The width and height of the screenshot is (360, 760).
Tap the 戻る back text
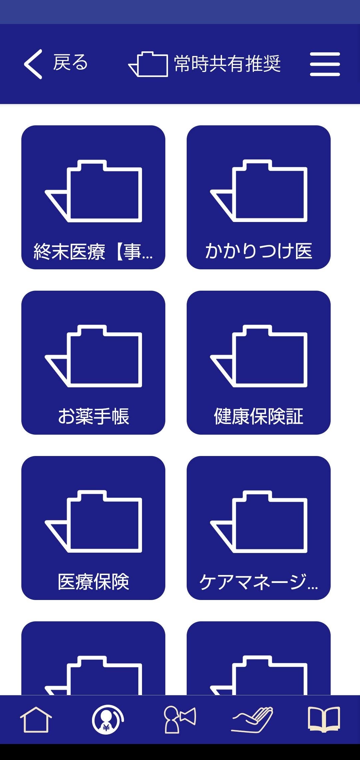tap(70, 63)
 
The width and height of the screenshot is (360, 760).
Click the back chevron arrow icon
tap(33, 64)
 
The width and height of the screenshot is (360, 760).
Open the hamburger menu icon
tap(325, 64)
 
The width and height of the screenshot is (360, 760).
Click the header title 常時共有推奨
tap(227, 64)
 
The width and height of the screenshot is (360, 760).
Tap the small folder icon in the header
tap(148, 64)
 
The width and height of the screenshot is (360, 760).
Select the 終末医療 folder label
tap(93, 251)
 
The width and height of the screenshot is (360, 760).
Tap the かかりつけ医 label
tap(259, 251)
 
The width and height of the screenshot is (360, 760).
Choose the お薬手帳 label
tap(93, 416)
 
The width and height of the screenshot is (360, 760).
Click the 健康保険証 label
tap(259, 416)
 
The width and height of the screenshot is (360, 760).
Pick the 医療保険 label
tap(93, 582)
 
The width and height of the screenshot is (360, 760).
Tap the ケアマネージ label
tap(259, 582)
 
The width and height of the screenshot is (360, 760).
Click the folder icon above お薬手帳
tap(94, 356)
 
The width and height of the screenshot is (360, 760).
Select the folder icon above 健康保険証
tap(259, 356)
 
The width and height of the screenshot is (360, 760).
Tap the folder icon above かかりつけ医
tap(259, 191)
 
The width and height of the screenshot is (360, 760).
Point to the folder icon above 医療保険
tap(94, 521)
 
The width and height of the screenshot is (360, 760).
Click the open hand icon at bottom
tap(252, 720)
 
